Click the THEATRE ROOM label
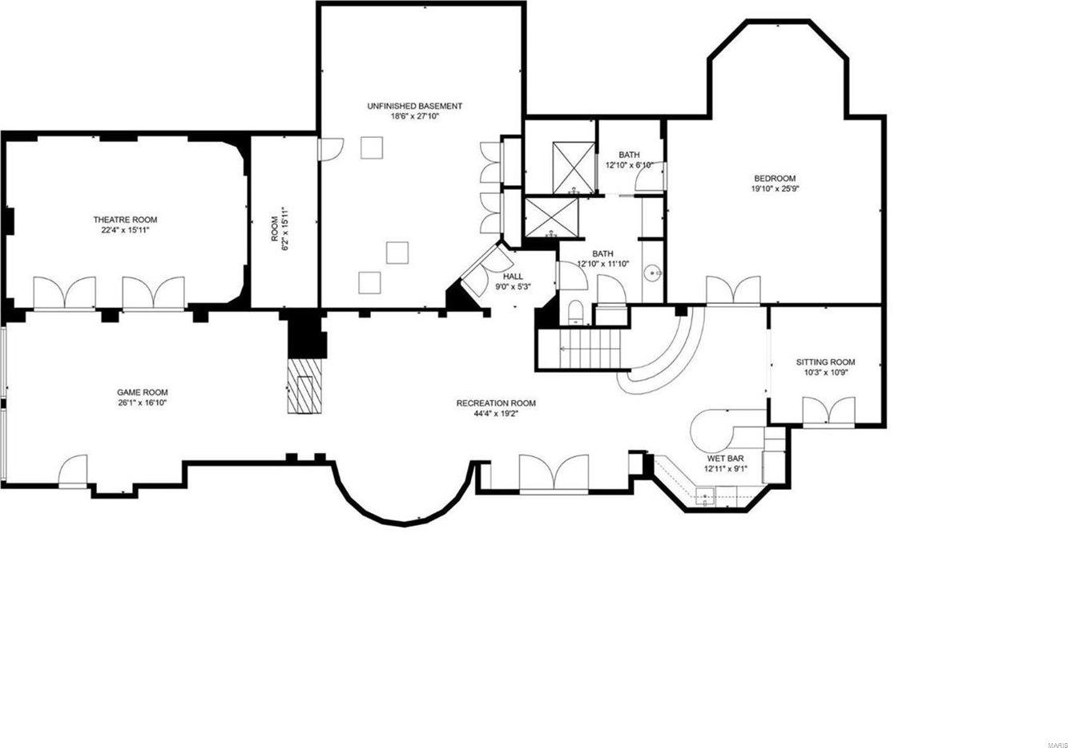tap(125, 220)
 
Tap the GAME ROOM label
tap(143, 393)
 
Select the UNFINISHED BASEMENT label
tap(415, 106)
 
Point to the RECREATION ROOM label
tap(496, 403)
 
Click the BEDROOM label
tap(775, 179)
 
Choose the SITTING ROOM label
tap(825, 362)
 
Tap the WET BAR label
tap(726, 459)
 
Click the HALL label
tap(513, 277)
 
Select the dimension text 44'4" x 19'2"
tap(496, 414)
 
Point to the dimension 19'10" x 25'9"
tap(775, 188)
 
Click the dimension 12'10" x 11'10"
tap(603, 263)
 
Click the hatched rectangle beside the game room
tap(304, 386)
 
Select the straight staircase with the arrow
tap(590, 350)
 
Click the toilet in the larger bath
tap(575, 313)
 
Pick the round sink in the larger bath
tap(651, 273)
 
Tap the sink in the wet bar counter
tap(705, 496)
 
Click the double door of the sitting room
tap(828, 410)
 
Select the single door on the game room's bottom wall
tap(73, 471)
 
